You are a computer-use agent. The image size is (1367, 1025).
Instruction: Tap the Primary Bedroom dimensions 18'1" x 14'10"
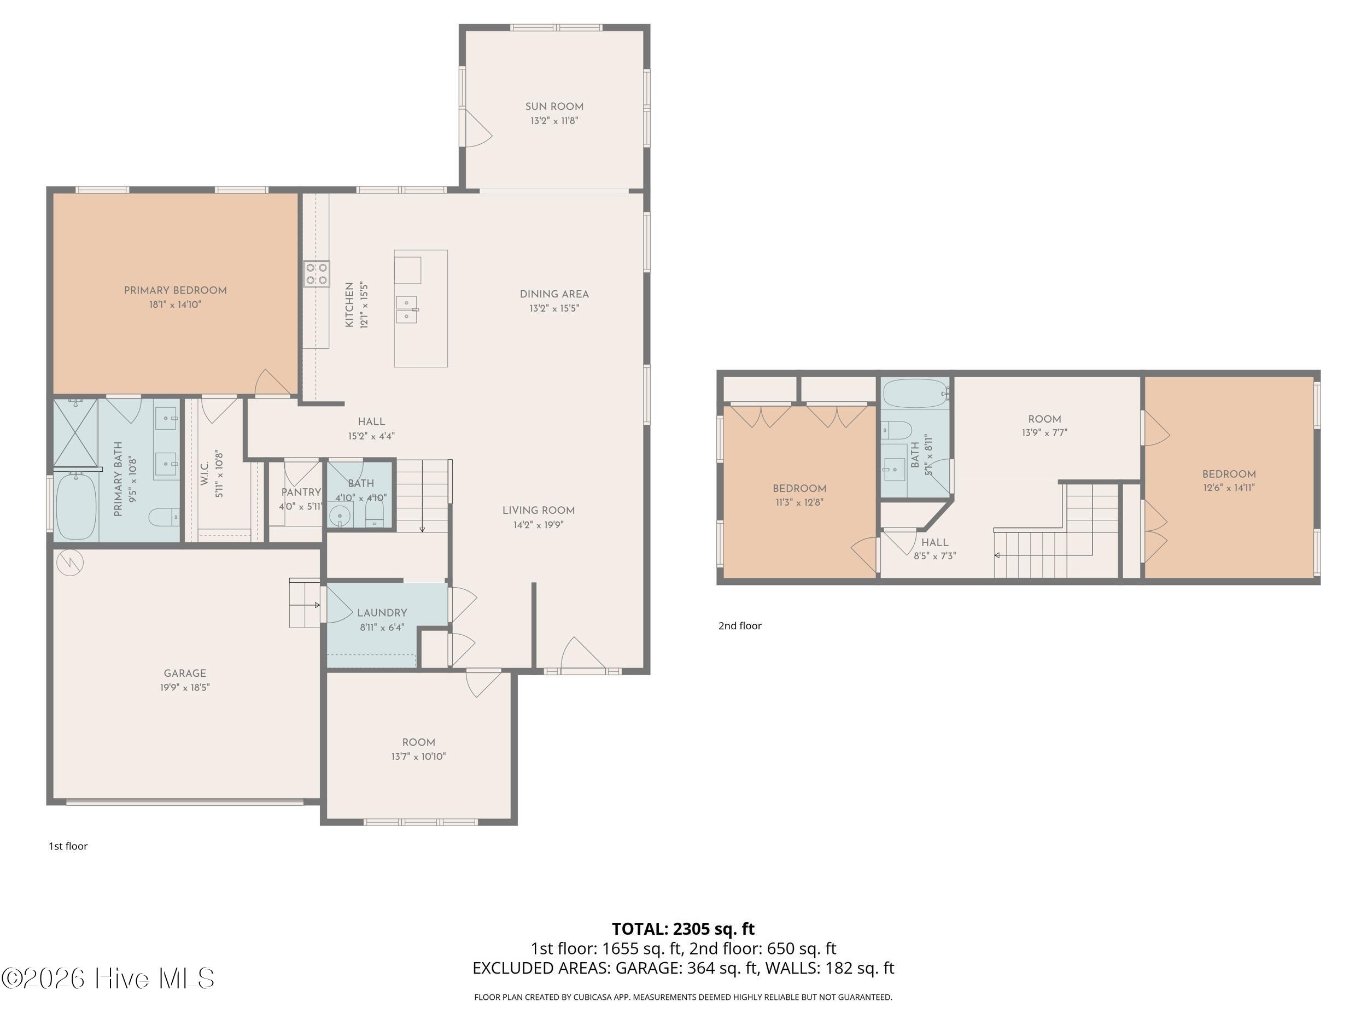pos(176,304)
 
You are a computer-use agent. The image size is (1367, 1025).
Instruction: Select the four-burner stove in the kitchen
pos(316,274)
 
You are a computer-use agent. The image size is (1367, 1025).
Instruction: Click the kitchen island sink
pos(407,309)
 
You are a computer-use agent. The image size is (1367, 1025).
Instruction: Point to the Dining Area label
pos(554,294)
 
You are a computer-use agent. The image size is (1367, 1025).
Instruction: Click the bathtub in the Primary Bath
pos(77,507)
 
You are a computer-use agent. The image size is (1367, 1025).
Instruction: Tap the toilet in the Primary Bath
pos(165,517)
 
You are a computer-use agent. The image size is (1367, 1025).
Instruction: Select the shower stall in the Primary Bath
pos(75,432)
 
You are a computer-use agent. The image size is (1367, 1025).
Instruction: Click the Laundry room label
pos(382,613)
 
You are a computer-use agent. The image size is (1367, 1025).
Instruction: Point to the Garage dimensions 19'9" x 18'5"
pos(185,687)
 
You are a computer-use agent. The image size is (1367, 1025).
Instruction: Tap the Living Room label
pos(538,511)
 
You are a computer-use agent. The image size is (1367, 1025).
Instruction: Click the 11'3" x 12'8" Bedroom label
pos(799,488)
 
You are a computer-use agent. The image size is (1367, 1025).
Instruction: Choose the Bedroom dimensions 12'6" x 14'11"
pos(1229,488)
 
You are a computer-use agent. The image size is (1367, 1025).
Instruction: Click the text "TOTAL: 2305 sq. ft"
pos(683,929)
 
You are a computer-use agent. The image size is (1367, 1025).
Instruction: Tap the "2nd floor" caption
pos(740,626)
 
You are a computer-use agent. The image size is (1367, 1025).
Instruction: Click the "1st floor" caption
pos(68,846)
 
